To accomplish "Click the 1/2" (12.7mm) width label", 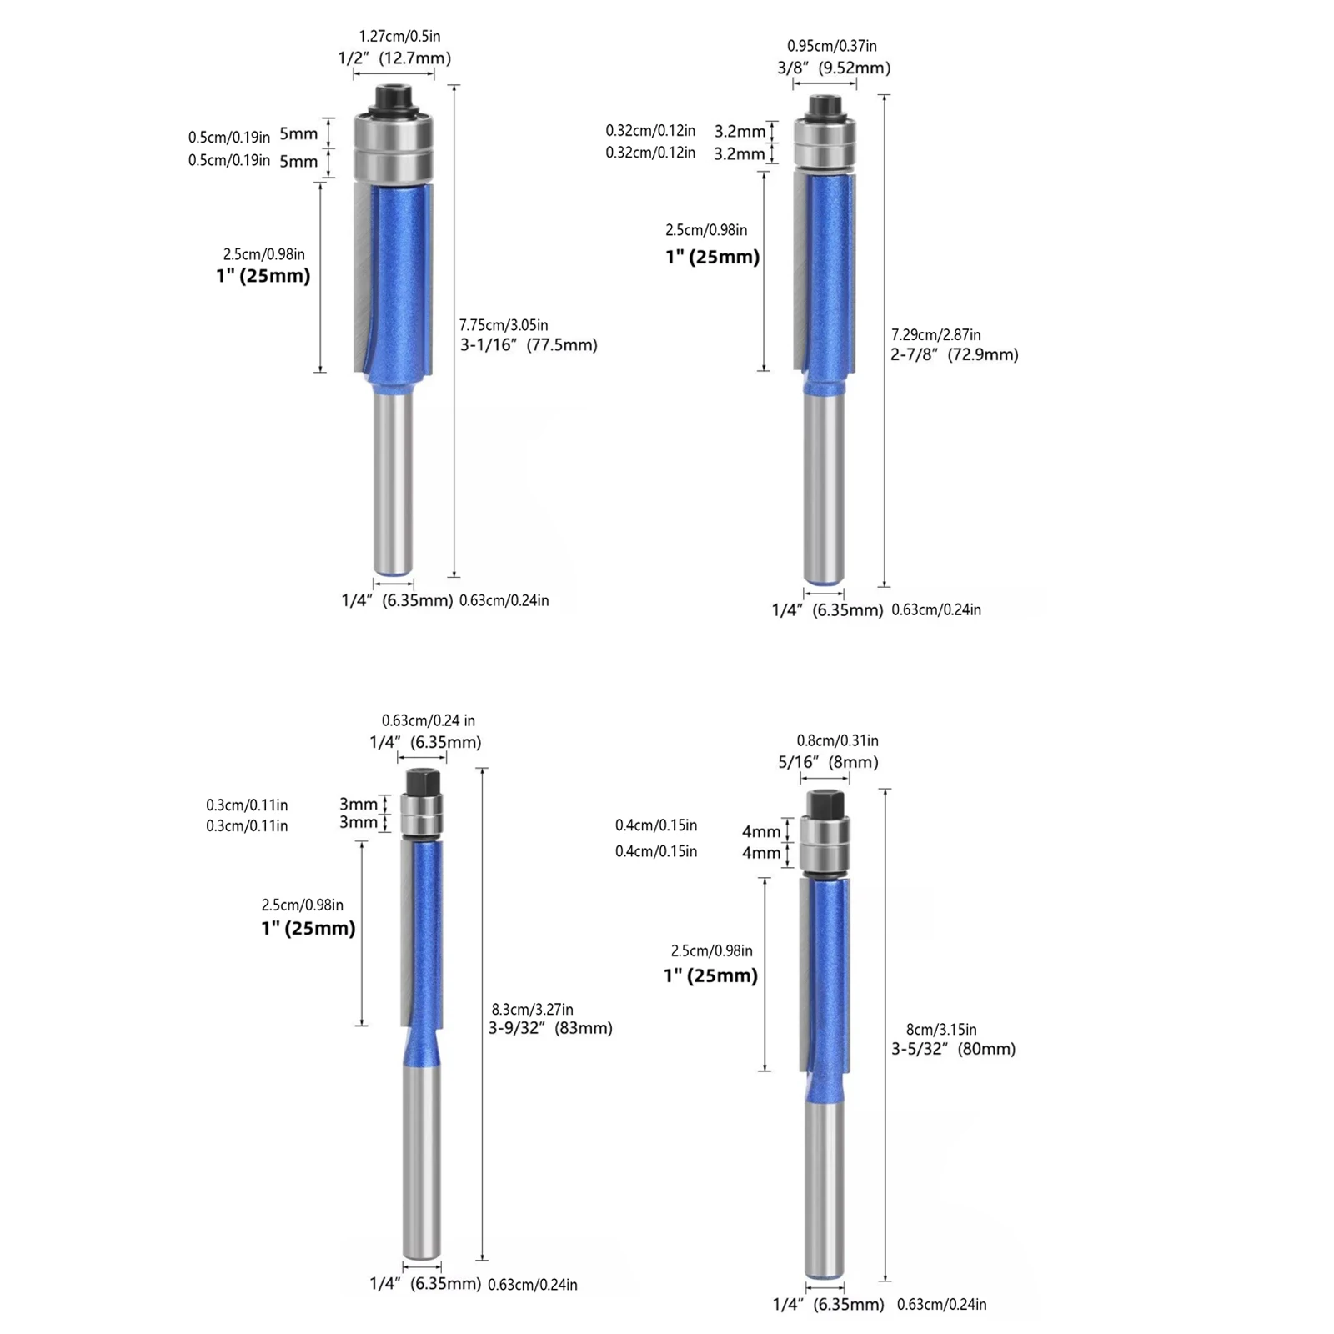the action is click(394, 58).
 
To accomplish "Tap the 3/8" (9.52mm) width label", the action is click(834, 68).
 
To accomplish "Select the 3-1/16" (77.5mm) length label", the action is click(529, 345).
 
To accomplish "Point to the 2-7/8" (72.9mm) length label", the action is click(955, 355).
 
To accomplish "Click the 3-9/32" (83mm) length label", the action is click(550, 1028).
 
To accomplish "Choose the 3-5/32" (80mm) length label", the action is click(954, 1050).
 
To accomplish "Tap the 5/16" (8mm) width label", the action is click(828, 762).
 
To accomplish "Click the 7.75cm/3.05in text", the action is click(504, 325).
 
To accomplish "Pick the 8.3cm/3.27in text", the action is click(532, 1010).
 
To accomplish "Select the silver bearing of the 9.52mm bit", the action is click(824, 142).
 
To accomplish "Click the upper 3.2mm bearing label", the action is click(740, 132).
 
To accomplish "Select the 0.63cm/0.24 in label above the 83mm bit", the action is click(429, 721).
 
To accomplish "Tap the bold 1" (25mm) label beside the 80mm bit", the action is click(710, 976).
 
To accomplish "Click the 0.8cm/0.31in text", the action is click(837, 741).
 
